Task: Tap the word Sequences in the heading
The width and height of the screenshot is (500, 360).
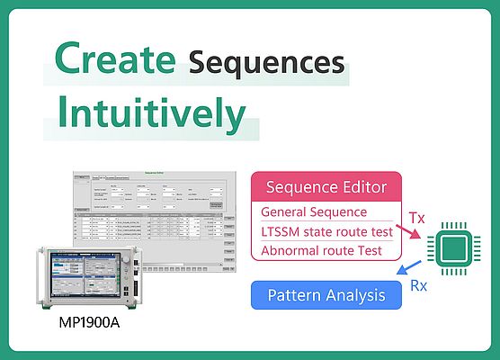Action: [267, 62]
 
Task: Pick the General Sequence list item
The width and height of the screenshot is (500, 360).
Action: [314, 212]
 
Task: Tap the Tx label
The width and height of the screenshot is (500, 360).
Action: [416, 218]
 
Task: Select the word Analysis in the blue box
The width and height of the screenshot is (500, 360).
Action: [354, 295]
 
